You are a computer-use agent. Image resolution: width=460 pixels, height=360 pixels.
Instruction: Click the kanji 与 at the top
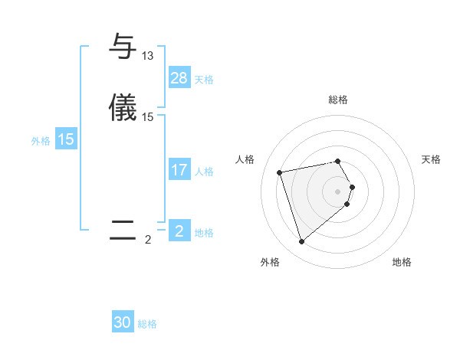point(123,47)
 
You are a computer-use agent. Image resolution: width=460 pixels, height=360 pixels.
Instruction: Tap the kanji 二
point(123,230)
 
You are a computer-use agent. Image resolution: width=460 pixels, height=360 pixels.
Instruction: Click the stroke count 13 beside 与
point(148,56)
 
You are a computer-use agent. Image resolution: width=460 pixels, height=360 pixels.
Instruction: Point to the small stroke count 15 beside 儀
point(148,117)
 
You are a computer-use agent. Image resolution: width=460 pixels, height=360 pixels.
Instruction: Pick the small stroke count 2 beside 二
point(148,240)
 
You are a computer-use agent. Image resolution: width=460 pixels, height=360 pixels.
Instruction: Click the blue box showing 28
point(179,78)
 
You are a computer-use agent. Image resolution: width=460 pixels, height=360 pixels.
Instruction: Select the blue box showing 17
point(179,170)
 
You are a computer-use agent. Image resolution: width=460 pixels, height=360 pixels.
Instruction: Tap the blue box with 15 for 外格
point(66,139)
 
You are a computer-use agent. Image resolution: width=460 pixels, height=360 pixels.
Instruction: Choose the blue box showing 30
point(123,323)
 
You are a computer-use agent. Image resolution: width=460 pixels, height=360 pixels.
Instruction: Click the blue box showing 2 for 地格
point(179,231)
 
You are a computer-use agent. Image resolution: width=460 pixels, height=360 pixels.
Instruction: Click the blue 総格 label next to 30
point(147,324)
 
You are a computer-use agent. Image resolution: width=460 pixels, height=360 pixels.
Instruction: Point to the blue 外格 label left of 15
point(41,140)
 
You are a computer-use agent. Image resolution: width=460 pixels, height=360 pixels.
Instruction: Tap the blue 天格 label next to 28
point(204,79)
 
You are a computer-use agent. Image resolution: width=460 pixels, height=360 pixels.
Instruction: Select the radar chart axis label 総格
point(338,100)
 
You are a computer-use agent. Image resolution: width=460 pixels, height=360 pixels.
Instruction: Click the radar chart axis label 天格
point(431,159)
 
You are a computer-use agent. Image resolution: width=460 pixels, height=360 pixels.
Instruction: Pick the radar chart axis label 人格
point(245,159)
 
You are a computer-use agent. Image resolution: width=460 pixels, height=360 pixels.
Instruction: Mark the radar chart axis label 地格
point(402,262)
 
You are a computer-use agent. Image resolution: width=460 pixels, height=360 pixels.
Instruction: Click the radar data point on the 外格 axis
point(301,242)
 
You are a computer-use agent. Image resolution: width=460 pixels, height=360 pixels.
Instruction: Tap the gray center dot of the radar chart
point(338,191)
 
